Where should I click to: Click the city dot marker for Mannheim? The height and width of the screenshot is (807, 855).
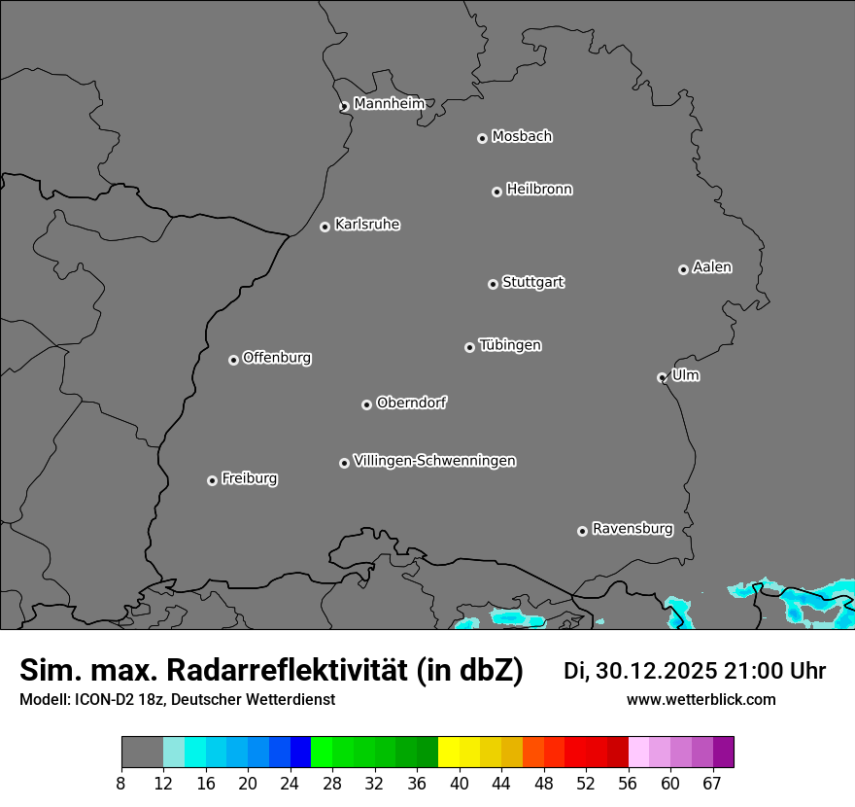point(344,107)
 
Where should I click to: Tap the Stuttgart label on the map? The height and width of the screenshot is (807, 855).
point(532,283)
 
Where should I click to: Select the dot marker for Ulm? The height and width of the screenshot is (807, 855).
point(663,377)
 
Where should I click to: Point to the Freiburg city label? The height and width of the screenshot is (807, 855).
point(249,478)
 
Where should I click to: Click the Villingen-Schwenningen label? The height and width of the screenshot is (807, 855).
point(434,461)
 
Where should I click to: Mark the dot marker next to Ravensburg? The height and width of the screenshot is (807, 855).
point(583,531)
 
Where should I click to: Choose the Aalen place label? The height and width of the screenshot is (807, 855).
point(712,267)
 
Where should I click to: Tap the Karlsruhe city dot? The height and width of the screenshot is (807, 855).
point(325,228)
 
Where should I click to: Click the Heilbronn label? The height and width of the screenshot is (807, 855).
point(539,190)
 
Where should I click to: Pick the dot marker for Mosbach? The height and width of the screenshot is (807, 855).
point(482,139)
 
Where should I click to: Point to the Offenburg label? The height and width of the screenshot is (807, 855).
point(277,358)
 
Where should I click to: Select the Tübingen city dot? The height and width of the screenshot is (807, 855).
point(470,347)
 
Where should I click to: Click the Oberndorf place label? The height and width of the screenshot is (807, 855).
point(411,403)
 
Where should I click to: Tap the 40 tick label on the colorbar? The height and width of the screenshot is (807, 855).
point(460,783)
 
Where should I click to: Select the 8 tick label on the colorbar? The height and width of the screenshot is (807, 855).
point(121,783)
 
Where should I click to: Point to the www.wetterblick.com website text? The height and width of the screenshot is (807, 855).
point(701,699)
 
